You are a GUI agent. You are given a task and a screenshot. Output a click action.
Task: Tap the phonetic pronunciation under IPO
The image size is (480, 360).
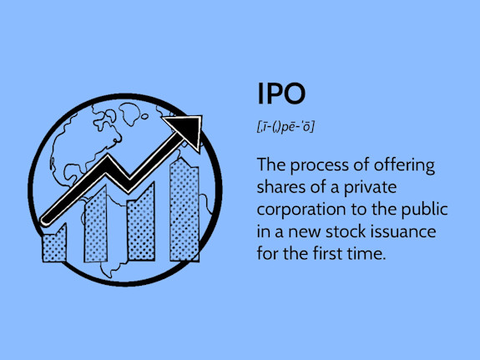[286, 126]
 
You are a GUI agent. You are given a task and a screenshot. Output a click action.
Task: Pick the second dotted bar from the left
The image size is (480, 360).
[97, 226]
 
